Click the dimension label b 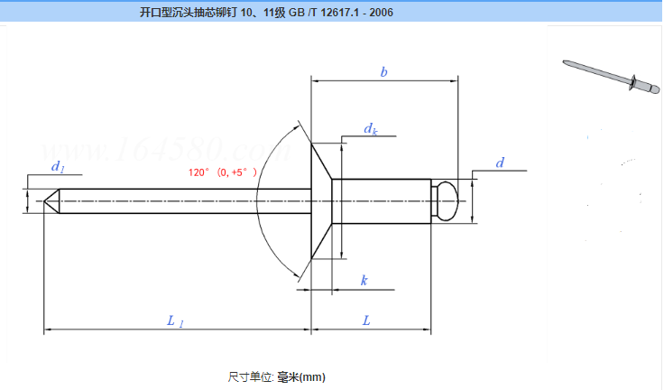coord(383,71)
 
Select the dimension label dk coord(370,130)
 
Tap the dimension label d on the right coord(499,162)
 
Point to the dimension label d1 coord(57,167)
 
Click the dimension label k coord(364,281)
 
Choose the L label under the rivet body coord(366,320)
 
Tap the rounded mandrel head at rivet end coord(446,200)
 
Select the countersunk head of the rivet coord(321,200)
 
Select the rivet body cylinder coord(379,200)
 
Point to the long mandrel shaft coord(180,200)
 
